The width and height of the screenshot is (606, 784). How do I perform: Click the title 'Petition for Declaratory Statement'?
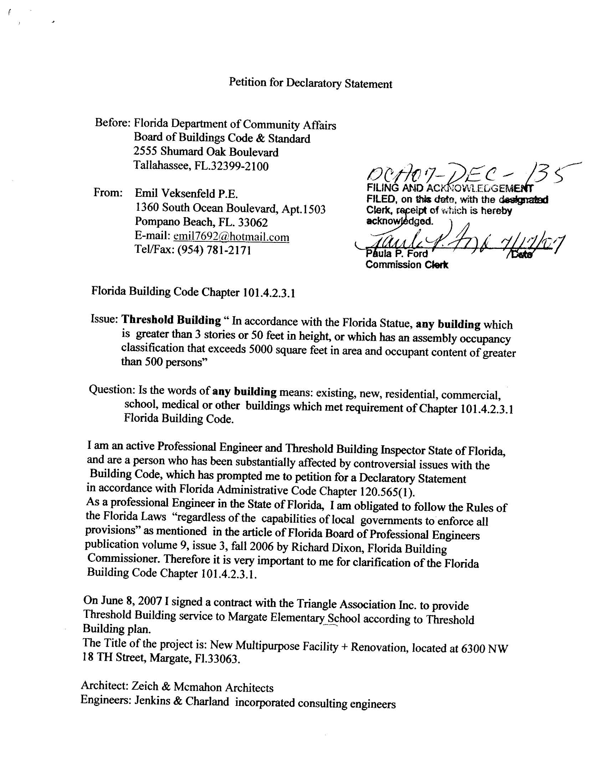coord(310,83)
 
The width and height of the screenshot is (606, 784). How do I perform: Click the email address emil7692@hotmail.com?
coord(231,237)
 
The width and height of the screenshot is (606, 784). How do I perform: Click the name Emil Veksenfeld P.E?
coord(186,194)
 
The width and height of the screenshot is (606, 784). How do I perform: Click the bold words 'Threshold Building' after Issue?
coord(171,319)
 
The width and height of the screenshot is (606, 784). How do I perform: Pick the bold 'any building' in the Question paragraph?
coord(245,391)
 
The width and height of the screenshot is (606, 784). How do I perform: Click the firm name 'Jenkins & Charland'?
coord(182,701)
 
